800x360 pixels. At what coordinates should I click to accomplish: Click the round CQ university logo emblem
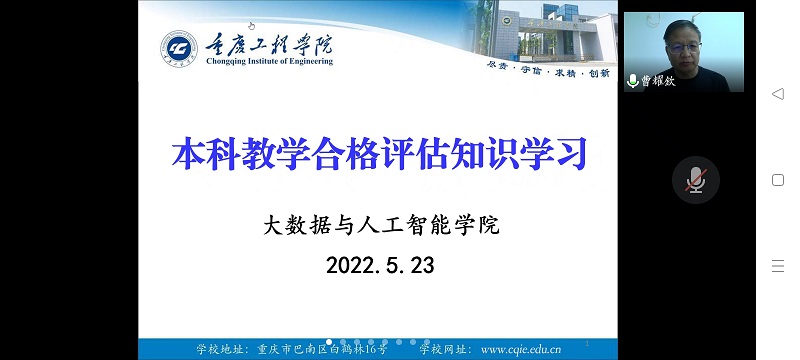[x=179, y=49]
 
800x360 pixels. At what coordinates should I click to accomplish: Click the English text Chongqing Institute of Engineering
[x=269, y=62]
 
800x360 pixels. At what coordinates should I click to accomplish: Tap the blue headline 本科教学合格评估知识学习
[x=380, y=152]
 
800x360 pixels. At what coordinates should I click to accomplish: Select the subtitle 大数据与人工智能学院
[x=381, y=225]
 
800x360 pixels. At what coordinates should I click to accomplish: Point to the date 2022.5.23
[x=380, y=265]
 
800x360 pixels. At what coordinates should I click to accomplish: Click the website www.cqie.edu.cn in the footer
[x=521, y=349]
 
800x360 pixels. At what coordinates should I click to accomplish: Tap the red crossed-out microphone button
[x=695, y=180]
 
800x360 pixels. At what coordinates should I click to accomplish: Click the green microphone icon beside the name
[x=633, y=81]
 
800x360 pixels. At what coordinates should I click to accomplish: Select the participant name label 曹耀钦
[x=658, y=81]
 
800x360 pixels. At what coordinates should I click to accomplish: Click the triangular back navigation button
[x=778, y=94]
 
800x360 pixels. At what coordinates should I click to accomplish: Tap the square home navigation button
[x=778, y=180]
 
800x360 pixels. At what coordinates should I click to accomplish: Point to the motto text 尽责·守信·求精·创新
[x=548, y=73]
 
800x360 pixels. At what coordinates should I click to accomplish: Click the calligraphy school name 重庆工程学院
[x=269, y=45]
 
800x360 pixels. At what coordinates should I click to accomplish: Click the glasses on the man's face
[x=683, y=47]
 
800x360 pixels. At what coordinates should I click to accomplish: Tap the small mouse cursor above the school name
[x=251, y=26]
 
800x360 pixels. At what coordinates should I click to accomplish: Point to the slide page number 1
[x=587, y=344]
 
